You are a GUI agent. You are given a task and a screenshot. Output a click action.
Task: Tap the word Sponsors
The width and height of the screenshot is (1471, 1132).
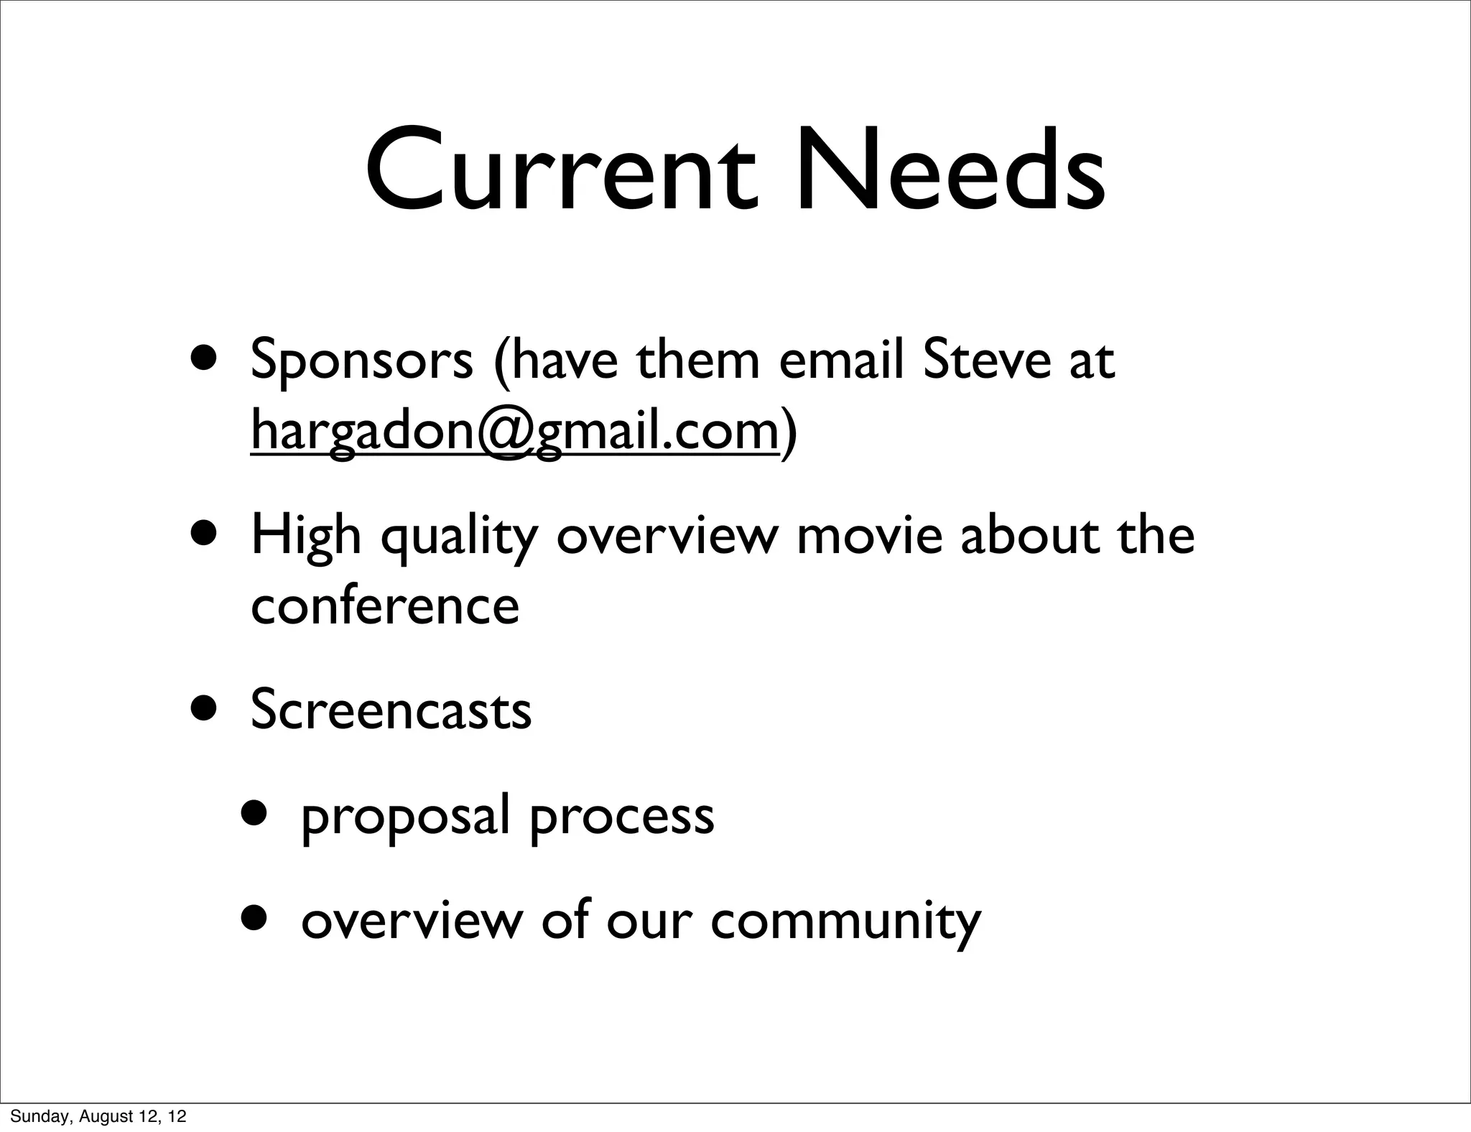[361, 361]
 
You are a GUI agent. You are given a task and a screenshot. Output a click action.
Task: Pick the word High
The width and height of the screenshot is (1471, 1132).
[306, 537]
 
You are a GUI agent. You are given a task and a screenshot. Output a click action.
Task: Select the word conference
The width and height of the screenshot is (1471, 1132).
[385, 606]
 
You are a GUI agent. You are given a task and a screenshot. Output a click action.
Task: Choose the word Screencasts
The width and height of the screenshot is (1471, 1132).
[391, 710]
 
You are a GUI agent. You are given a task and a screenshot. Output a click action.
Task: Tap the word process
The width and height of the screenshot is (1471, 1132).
[622, 818]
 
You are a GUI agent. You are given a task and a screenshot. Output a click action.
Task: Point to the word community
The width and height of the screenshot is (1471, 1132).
[845, 922]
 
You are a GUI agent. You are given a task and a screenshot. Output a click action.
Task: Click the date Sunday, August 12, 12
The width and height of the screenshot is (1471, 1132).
[98, 1115]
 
